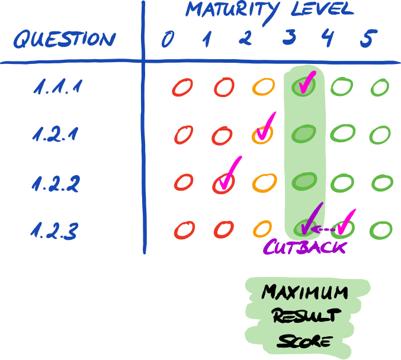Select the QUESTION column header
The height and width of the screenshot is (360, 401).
click(x=64, y=40)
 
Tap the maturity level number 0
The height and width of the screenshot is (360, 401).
click(x=168, y=39)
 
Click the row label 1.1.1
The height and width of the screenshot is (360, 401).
click(x=57, y=89)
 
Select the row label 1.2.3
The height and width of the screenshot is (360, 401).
click(x=55, y=230)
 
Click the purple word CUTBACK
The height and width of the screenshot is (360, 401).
click(x=304, y=247)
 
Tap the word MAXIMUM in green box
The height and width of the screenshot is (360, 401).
click(x=304, y=292)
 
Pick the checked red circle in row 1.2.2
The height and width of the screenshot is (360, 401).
click(x=223, y=183)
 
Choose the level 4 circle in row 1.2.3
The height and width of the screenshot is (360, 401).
click(x=342, y=228)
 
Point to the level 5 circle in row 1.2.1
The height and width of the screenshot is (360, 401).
click(x=379, y=134)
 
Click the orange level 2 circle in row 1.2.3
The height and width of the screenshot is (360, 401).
click(x=262, y=228)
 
